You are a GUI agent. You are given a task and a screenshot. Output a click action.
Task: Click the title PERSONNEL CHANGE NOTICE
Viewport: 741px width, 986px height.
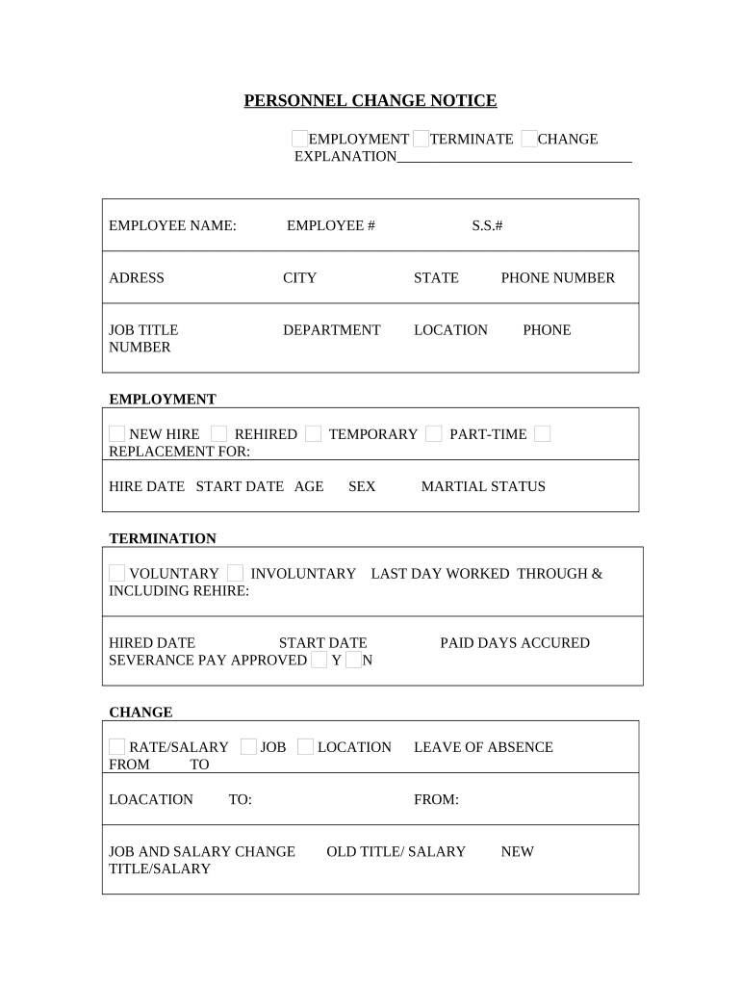(x=370, y=101)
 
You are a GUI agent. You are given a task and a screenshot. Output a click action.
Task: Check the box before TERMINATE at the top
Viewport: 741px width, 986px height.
(x=421, y=139)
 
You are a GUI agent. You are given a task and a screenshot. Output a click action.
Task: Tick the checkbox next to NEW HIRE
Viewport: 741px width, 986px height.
(x=116, y=434)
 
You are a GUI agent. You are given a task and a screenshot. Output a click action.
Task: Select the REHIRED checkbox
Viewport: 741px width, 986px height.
(x=219, y=434)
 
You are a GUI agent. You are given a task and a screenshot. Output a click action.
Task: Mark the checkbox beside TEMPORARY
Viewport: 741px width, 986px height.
(x=313, y=434)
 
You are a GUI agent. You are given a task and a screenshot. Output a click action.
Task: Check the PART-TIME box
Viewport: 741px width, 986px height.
(x=434, y=434)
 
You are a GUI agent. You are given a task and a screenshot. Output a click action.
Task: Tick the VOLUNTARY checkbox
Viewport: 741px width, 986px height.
(x=116, y=573)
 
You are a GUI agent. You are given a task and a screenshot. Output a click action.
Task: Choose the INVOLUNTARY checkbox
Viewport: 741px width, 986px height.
(x=235, y=573)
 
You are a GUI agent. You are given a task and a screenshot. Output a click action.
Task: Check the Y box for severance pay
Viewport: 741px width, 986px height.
(x=319, y=661)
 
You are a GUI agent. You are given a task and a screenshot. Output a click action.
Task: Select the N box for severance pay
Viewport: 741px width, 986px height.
(x=353, y=661)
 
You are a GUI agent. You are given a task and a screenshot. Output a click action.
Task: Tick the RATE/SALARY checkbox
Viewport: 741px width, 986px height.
(x=116, y=747)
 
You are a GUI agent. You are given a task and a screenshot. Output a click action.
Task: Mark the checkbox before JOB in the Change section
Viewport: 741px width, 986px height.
(x=248, y=747)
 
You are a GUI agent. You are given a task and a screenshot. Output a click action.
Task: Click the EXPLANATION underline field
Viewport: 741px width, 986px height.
(x=514, y=156)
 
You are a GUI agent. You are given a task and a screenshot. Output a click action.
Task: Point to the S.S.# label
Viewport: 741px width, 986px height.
(x=487, y=225)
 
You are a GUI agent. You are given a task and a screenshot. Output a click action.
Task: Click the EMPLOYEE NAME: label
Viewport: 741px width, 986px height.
(x=172, y=225)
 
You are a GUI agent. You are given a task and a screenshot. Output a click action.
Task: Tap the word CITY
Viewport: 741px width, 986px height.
(x=299, y=278)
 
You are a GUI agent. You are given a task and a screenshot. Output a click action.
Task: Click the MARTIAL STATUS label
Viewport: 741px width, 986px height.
(x=483, y=487)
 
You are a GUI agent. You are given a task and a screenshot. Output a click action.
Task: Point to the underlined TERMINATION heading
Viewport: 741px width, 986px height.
(x=163, y=539)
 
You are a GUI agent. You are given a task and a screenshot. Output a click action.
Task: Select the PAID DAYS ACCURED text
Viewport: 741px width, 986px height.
(x=515, y=643)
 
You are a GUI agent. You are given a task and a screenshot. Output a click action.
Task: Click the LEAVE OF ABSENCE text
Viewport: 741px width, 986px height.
(x=483, y=747)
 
